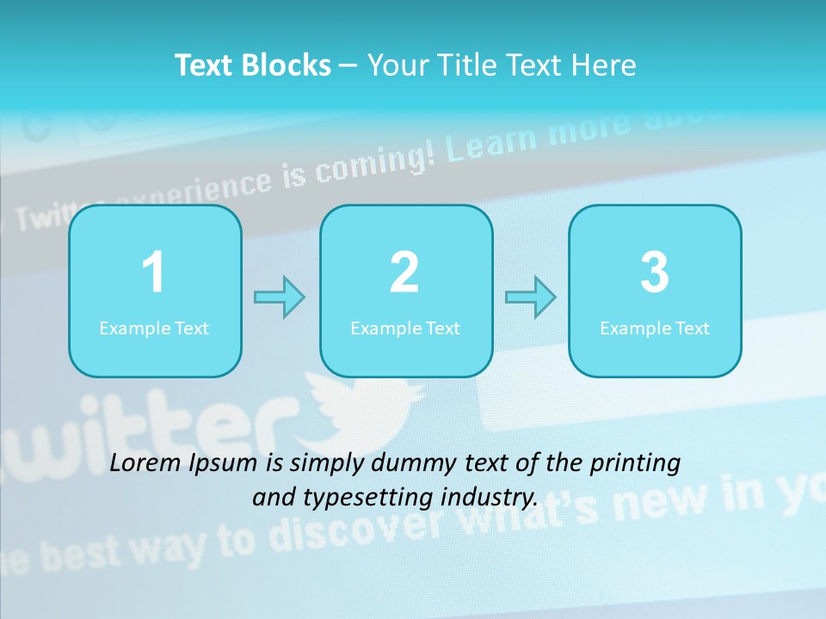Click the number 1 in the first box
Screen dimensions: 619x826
click(153, 273)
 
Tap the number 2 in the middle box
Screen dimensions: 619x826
click(404, 273)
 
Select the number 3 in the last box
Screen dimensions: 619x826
click(655, 273)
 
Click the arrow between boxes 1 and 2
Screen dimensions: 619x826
click(280, 297)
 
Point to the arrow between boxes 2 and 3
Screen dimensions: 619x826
click(531, 297)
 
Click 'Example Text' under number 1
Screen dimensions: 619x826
click(154, 328)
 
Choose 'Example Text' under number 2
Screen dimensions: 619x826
click(405, 328)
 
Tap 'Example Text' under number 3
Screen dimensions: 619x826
click(655, 328)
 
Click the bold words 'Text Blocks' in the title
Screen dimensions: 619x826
click(253, 65)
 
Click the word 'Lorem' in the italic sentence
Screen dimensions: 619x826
click(146, 463)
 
